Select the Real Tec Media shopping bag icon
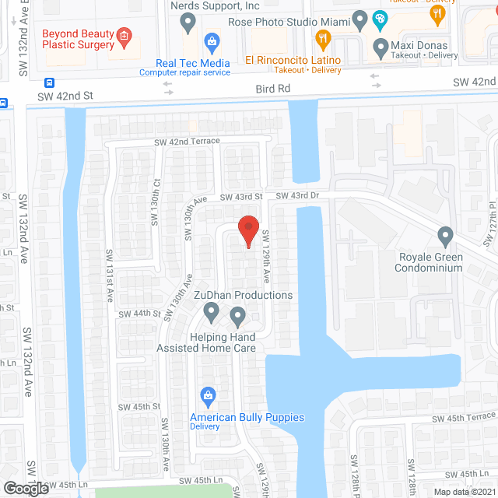point(211,42)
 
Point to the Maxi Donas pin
point(381,48)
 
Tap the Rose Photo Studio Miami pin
point(359,19)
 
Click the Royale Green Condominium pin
point(445,235)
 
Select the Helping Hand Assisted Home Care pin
point(237,316)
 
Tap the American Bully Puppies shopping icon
point(208,396)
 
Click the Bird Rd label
point(272,89)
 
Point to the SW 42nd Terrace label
point(187,142)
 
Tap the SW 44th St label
point(139,314)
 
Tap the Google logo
point(25,488)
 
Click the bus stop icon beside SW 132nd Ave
point(50,82)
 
